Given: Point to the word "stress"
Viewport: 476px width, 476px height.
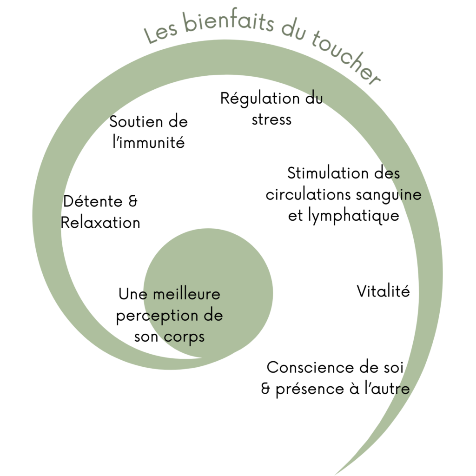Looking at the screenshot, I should (x=271, y=119).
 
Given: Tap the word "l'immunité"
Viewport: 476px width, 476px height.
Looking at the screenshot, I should (x=149, y=142).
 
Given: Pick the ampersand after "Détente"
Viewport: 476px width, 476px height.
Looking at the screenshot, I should (x=132, y=202).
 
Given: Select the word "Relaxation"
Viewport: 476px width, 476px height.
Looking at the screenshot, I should (x=100, y=223).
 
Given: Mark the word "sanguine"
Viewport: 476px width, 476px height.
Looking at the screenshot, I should (x=389, y=194).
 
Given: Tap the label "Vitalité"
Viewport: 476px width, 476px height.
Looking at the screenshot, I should (x=383, y=291).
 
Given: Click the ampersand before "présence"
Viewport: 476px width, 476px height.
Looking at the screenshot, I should (x=266, y=389).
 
